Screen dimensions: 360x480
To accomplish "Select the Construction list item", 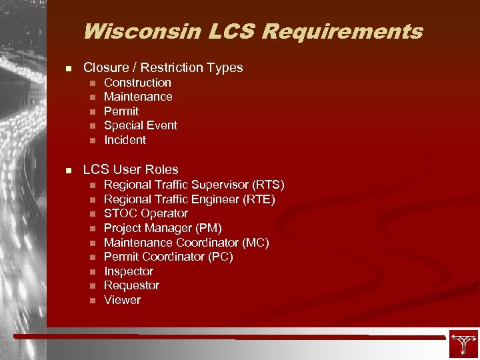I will [137, 83].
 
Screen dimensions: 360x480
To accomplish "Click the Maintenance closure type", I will [138, 97].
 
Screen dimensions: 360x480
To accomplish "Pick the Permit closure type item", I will [121, 111].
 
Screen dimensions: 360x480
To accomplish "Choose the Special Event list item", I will [141, 125].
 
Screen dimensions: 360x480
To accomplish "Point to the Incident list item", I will [125, 140].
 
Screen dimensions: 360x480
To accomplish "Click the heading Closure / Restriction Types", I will [163, 67].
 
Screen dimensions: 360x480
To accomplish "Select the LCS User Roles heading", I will [131, 170].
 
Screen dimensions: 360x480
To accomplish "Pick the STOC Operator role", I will [146, 213].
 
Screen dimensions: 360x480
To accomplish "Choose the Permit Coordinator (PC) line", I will [169, 257].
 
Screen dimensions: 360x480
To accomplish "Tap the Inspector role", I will [129, 271].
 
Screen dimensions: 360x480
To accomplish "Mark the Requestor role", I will [131, 285].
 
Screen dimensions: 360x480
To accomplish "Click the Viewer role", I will [123, 300].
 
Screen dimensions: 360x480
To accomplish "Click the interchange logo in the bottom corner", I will [463, 344].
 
